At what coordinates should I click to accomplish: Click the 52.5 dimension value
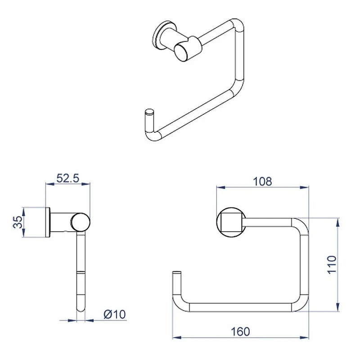[x=68, y=178]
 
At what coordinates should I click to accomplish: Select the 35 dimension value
[x=18, y=222]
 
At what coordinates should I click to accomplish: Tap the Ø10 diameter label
[x=115, y=314]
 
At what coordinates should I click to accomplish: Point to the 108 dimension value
[x=262, y=182]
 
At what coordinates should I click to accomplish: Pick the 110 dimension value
[x=332, y=265]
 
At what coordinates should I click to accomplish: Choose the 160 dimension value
[x=240, y=332]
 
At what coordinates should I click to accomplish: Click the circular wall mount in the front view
[x=231, y=222]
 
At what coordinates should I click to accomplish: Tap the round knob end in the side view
[x=80, y=222]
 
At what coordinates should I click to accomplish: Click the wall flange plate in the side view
[x=48, y=222]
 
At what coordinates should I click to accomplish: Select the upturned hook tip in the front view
[x=176, y=275]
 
